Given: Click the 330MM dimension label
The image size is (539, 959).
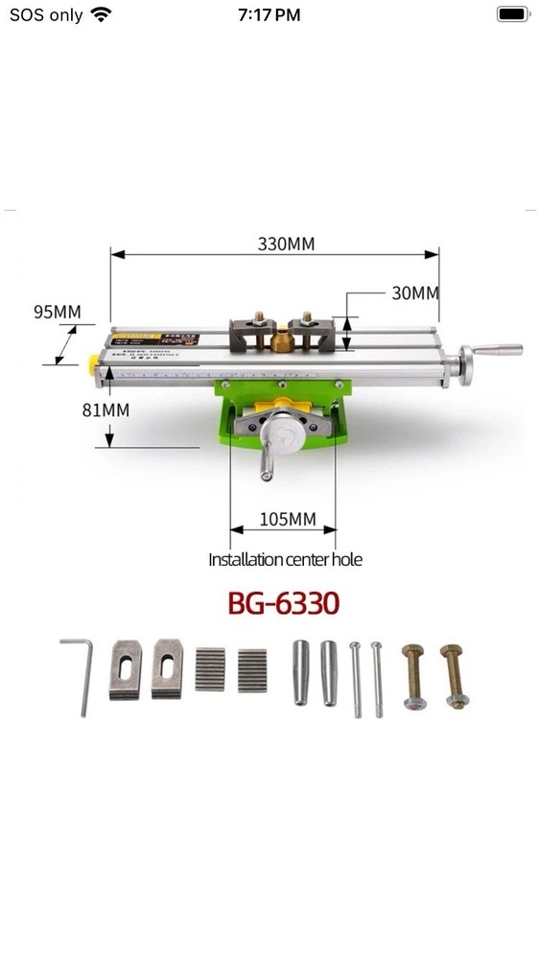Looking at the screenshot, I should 286,244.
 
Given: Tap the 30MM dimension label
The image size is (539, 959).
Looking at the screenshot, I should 414,293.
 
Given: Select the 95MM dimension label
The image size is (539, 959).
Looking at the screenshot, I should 57,312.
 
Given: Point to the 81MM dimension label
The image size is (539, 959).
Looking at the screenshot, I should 105,409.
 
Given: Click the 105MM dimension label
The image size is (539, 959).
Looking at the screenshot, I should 288,520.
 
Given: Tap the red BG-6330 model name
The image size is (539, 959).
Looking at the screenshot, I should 283,604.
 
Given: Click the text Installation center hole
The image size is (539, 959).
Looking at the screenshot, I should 286,559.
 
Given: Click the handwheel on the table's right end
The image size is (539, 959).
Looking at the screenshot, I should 469,363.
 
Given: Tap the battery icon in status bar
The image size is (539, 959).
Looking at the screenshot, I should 513,14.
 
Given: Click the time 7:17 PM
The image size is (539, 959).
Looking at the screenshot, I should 269,14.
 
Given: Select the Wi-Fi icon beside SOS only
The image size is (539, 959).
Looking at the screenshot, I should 101,14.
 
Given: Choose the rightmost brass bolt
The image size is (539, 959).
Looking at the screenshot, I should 456,676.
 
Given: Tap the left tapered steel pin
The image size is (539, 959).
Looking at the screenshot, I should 301,672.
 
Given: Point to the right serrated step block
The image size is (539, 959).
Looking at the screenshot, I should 252,669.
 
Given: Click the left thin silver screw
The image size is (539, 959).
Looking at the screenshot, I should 356,678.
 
